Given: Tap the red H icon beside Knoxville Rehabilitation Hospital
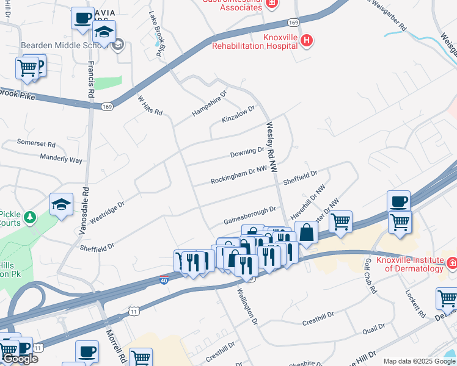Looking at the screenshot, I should [x=307, y=40].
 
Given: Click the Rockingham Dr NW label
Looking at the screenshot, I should [x=239, y=177].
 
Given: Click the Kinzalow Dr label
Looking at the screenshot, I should [x=238, y=114].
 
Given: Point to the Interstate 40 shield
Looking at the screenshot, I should [x=164, y=279].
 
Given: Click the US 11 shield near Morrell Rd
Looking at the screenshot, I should [x=134, y=312].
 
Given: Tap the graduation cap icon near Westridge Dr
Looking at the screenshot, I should [x=61, y=204].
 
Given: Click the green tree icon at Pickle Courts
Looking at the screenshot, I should [x=28, y=217].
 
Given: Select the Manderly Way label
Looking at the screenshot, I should [x=60, y=160].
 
